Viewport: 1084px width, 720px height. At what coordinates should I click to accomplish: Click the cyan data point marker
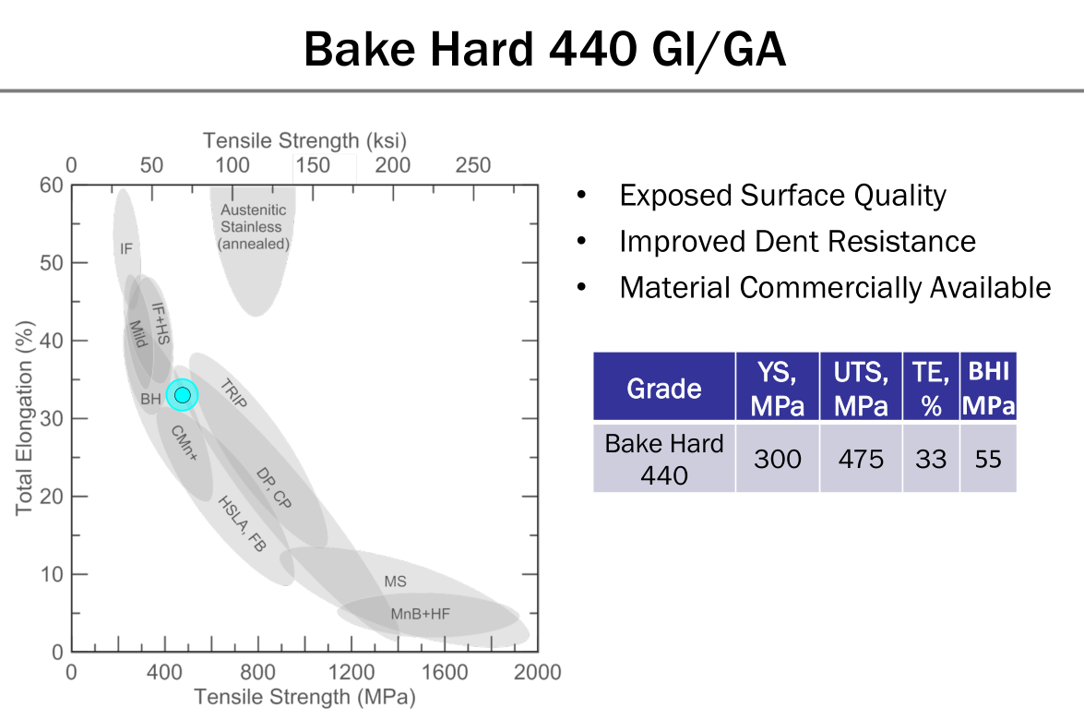(x=183, y=395)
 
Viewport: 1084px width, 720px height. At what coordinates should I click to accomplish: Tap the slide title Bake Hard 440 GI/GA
(x=544, y=49)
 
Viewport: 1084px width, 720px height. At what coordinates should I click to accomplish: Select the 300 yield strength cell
(x=777, y=459)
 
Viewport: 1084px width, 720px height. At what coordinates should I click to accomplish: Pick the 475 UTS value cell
(x=861, y=459)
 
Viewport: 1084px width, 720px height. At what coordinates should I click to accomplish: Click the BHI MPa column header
(x=988, y=388)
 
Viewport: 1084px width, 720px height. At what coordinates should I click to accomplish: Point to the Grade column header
(x=663, y=388)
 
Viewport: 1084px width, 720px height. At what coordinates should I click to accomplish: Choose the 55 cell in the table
(x=988, y=459)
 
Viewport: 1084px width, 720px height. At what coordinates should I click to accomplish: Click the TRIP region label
(x=233, y=393)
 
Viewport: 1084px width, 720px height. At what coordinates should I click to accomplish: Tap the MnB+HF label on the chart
(x=420, y=614)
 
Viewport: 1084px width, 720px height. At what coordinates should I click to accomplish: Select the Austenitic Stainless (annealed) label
(x=253, y=227)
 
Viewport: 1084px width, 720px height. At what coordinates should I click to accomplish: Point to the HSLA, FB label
(x=242, y=523)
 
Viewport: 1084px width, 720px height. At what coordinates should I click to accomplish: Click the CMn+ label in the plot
(x=184, y=443)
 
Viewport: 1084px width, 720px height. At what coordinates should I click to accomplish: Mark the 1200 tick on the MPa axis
(x=351, y=672)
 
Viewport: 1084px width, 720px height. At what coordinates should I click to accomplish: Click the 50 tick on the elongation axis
(x=51, y=263)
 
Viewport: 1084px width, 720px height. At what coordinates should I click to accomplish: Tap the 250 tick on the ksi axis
(x=473, y=165)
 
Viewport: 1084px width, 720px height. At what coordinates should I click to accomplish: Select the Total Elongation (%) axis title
(x=24, y=418)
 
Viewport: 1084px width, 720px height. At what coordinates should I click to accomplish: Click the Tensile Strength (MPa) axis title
(x=304, y=697)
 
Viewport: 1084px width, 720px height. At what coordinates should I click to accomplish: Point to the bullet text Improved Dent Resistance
(x=797, y=241)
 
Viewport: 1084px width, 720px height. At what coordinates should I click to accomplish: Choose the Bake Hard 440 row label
(x=663, y=459)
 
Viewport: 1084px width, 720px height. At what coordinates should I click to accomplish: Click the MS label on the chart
(x=396, y=582)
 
